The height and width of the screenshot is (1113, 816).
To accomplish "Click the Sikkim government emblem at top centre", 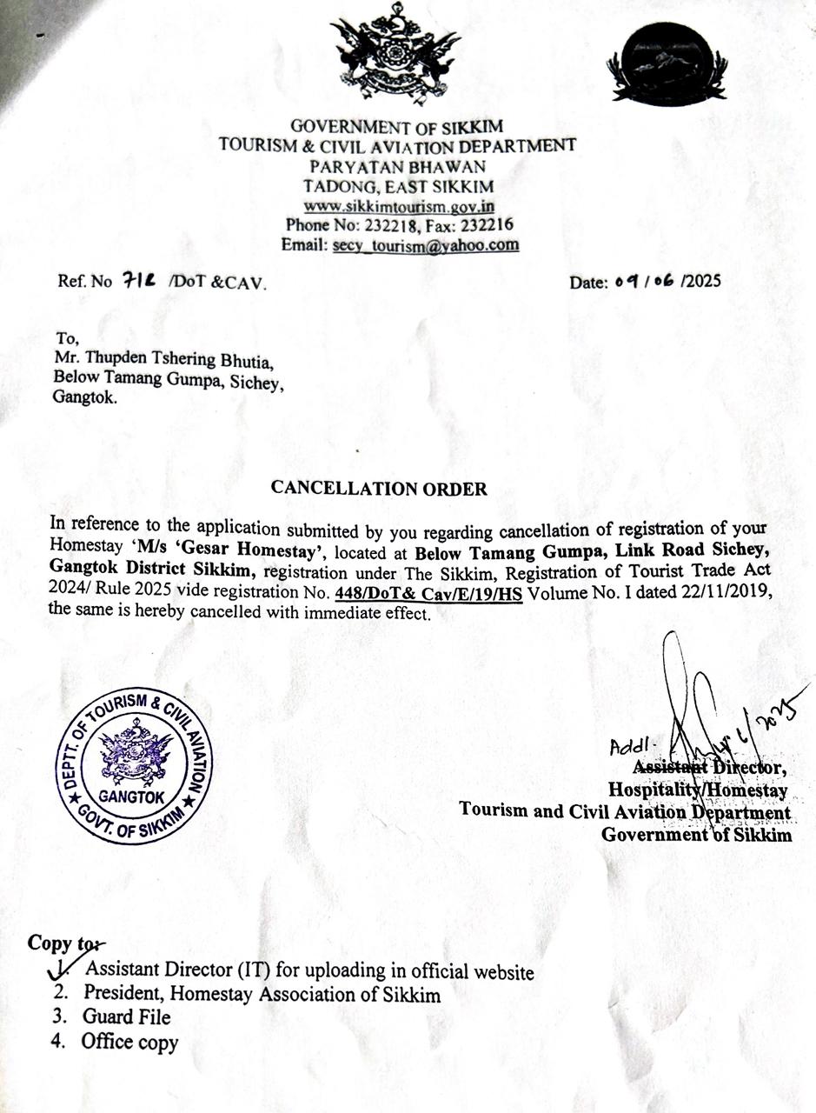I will pos(395,54).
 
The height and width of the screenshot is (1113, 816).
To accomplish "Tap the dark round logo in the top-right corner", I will pos(667,63).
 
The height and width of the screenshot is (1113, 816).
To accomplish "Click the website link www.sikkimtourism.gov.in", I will pos(399,207).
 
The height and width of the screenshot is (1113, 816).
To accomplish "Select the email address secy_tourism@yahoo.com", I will pos(426,245).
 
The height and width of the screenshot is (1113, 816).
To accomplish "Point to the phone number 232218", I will pos(396,226).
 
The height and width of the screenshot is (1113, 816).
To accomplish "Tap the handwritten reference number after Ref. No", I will pos(140,281).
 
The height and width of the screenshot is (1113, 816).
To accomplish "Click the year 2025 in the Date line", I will pos(702,282).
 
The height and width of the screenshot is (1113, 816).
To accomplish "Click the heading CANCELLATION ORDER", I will pos(379,488).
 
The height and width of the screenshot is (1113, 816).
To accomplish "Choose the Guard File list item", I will pos(127,1017).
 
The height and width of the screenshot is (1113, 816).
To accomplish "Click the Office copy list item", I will pos(130,1042).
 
